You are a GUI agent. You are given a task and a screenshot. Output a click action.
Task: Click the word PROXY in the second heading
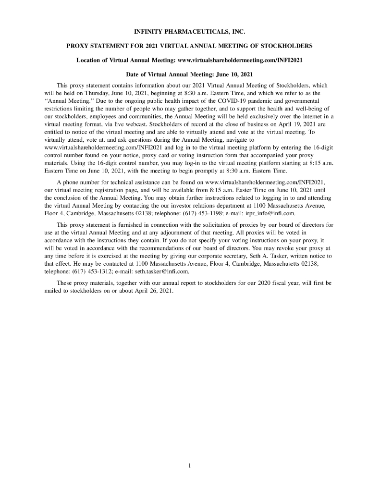(x=77, y=46)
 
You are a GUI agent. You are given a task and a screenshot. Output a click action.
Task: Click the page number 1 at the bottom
(x=190, y=465)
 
